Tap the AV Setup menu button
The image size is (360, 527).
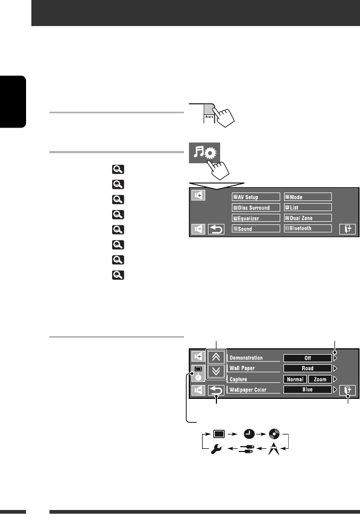(256, 197)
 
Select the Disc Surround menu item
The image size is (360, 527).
(256, 207)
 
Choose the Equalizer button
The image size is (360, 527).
(256, 218)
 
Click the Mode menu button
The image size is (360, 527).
(307, 197)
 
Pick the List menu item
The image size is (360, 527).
(307, 207)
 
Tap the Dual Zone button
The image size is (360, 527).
(307, 218)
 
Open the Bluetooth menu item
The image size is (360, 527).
(307, 229)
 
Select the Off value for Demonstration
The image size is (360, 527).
(307, 358)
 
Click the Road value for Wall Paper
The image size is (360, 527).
(307, 368)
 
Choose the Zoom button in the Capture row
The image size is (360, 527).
(320, 379)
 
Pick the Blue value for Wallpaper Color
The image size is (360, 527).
(307, 390)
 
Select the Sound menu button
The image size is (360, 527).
(256, 229)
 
